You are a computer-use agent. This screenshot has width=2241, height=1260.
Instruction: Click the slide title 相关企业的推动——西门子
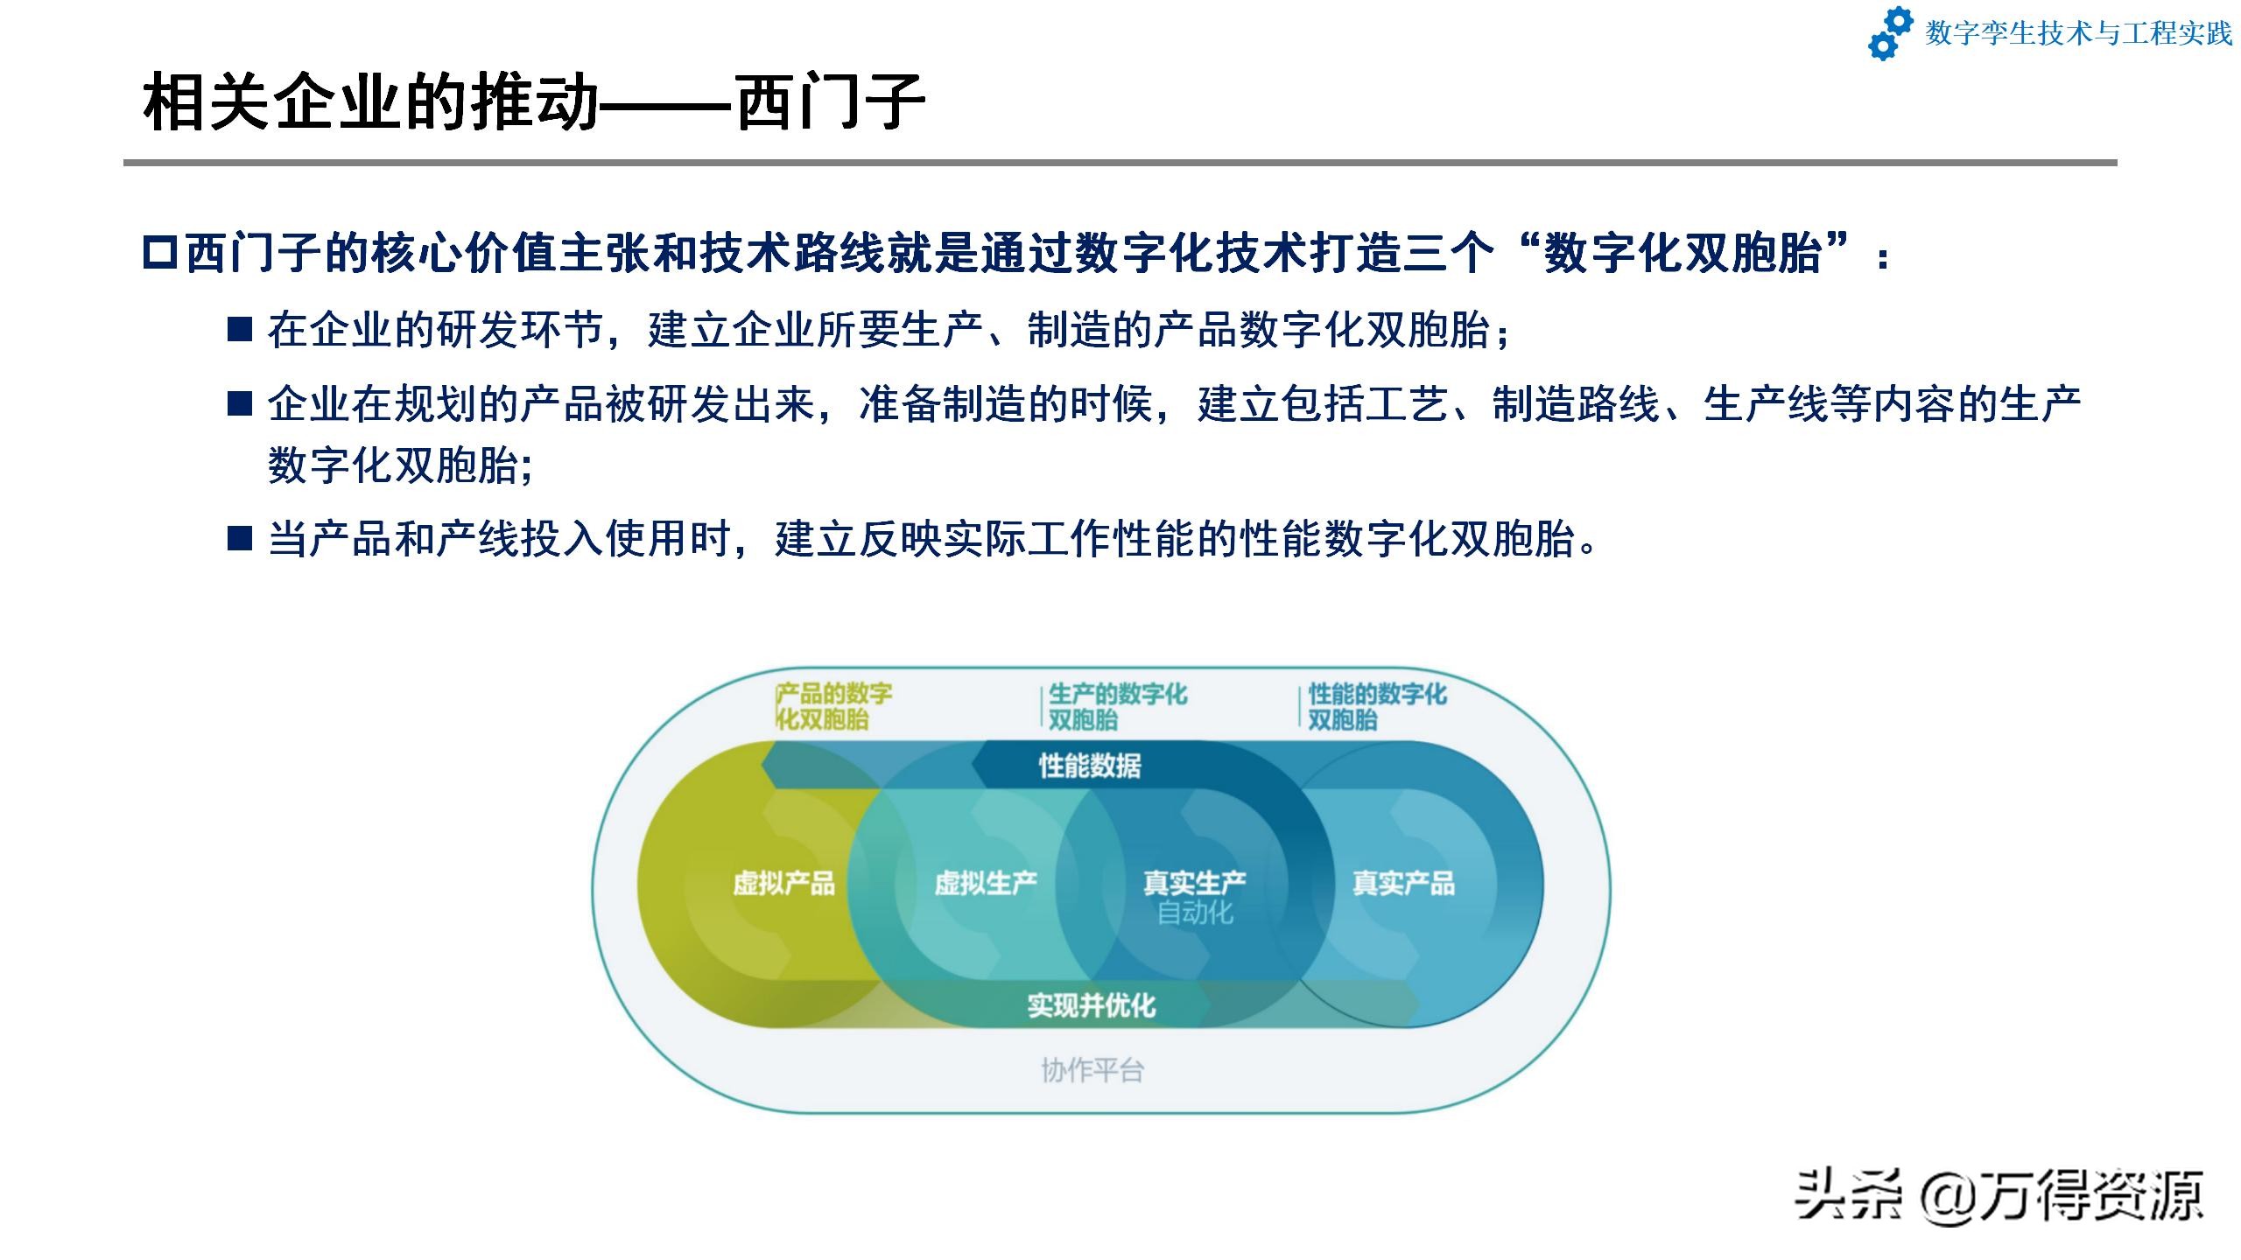pyautogui.click(x=534, y=102)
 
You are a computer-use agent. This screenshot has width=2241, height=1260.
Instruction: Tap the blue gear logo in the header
pyautogui.click(x=1891, y=34)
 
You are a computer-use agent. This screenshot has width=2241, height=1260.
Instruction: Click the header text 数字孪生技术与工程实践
pyautogui.click(x=2078, y=33)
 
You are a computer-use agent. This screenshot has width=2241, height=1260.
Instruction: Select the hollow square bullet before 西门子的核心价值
pyautogui.click(x=160, y=254)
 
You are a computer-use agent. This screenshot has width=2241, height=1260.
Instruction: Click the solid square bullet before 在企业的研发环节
pyautogui.click(x=240, y=330)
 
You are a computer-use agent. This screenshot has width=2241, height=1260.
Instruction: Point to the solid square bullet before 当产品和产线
pyautogui.click(x=240, y=538)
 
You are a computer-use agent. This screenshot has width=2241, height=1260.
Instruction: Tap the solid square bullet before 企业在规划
pyautogui.click(x=240, y=403)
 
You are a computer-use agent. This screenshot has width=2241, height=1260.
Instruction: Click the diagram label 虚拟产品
pyautogui.click(x=783, y=883)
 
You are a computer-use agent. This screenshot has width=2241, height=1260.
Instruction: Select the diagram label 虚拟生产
pyautogui.click(x=986, y=883)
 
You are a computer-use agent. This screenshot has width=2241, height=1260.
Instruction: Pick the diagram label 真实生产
pyautogui.click(x=1195, y=883)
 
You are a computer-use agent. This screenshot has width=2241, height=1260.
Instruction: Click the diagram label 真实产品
pyautogui.click(x=1403, y=883)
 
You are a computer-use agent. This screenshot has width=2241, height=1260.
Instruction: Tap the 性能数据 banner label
pyautogui.click(x=1090, y=766)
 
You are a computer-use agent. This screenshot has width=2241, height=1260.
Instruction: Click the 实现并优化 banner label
pyautogui.click(x=1092, y=1005)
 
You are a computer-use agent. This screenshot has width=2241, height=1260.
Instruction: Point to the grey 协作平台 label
pyautogui.click(x=1092, y=1070)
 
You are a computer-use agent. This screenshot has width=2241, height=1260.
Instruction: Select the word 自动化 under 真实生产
pyautogui.click(x=1195, y=913)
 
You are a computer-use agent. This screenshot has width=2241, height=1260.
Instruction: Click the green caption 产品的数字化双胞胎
pyautogui.click(x=833, y=707)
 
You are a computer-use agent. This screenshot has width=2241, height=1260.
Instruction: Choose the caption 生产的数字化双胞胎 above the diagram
pyautogui.click(x=1117, y=707)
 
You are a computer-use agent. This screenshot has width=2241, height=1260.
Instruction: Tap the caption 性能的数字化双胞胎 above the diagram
pyautogui.click(x=1377, y=707)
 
